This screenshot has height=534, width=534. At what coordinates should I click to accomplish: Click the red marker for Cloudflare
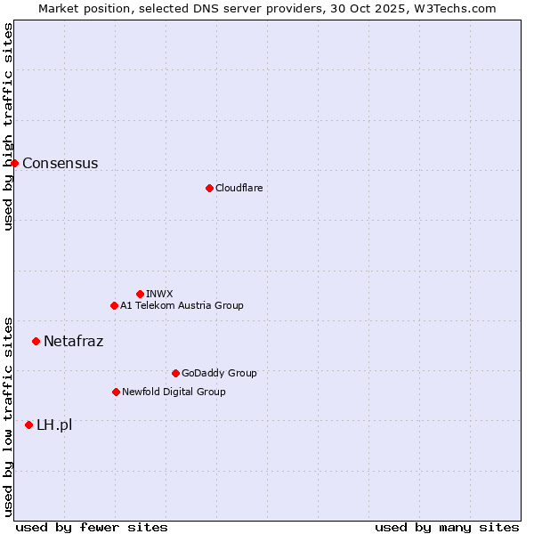[209, 188]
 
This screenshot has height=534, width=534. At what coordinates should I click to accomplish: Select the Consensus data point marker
[14, 163]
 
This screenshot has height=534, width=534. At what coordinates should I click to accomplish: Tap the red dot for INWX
[140, 294]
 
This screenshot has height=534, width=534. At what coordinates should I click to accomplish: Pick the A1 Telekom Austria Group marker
[114, 305]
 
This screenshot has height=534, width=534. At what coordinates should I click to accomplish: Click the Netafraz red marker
[36, 341]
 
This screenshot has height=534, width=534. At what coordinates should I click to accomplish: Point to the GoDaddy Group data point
[175, 373]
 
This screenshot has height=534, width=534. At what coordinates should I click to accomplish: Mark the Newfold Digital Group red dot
[116, 392]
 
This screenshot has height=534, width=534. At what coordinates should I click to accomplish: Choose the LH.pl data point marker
[28, 425]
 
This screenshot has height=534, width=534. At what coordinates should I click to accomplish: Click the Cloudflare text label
[239, 188]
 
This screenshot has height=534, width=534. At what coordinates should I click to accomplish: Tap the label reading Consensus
[60, 163]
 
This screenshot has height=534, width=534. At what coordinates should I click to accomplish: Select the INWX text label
[159, 294]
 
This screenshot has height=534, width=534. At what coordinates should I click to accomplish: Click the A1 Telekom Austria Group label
[182, 305]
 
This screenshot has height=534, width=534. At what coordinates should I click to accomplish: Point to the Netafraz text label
[73, 341]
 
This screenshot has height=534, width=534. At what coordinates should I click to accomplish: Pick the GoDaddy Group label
[218, 373]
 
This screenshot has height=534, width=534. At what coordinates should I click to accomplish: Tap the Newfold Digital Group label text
[174, 392]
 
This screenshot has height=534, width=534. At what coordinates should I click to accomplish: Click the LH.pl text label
[54, 425]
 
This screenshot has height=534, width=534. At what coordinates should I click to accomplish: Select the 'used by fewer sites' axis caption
[92, 527]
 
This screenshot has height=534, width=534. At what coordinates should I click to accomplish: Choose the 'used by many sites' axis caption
[447, 527]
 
